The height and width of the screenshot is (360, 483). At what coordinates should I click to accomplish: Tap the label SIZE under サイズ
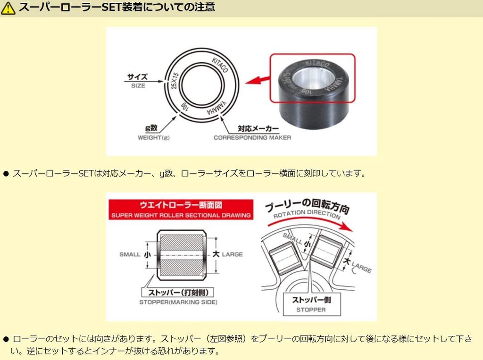tap(138, 86)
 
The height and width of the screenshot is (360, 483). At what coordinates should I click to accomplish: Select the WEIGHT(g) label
tap(153, 137)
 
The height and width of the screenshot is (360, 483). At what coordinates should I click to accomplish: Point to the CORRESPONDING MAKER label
tap(252, 137)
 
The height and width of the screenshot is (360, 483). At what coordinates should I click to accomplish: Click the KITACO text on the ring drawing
tap(220, 65)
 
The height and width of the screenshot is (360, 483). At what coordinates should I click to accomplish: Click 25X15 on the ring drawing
tap(175, 81)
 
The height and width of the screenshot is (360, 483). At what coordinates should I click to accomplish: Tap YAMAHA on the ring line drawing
tap(217, 108)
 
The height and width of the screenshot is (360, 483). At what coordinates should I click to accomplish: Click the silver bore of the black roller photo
tap(311, 78)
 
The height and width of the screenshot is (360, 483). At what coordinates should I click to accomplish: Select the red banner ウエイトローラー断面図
tap(181, 209)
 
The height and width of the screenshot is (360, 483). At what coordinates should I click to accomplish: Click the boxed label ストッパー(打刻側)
tap(178, 292)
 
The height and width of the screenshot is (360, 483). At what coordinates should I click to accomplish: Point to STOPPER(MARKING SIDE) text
tap(178, 302)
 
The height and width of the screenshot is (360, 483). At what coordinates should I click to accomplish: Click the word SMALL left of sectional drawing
tap(130, 255)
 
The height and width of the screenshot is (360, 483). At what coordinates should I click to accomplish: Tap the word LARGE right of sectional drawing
tap(232, 255)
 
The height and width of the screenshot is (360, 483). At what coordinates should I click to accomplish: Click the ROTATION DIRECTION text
tap(307, 214)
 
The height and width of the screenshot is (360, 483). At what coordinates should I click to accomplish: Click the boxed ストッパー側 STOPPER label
tap(312, 304)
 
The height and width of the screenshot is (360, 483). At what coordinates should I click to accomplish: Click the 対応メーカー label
tap(258, 128)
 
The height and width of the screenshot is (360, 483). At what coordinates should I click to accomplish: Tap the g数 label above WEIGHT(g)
tap(151, 128)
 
